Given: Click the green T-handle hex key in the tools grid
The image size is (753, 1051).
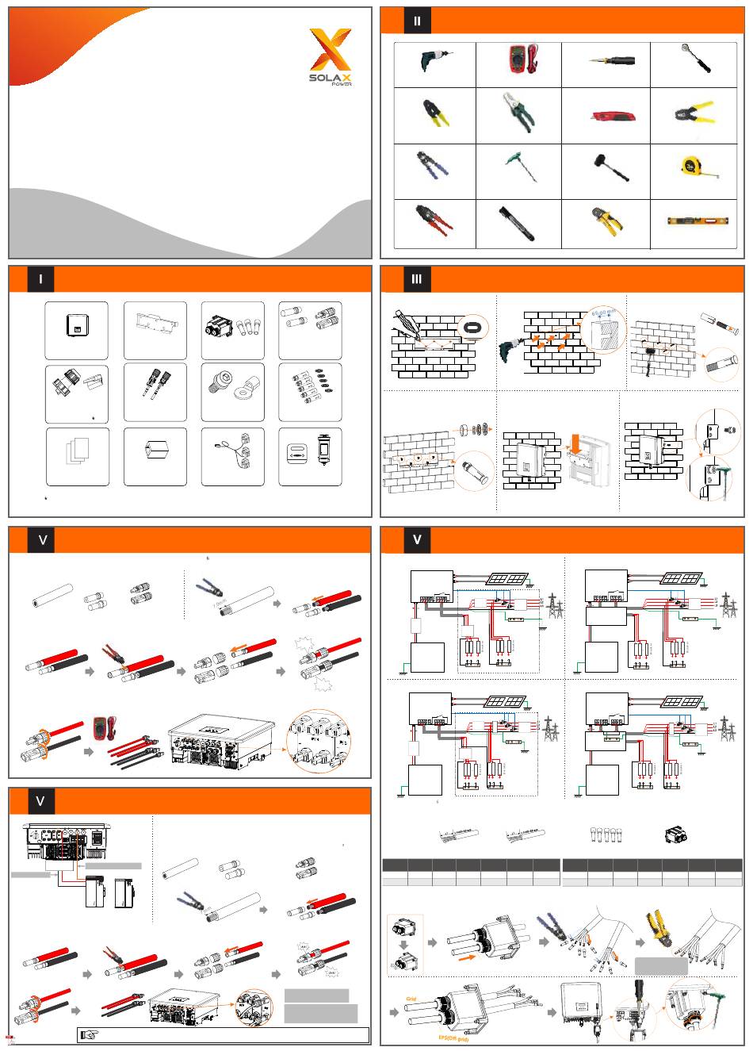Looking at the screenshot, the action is pyautogui.click(x=516, y=168).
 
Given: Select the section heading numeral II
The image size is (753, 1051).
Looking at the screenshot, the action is pyautogui.click(x=417, y=21).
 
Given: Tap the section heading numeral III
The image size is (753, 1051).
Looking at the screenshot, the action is pyautogui.click(x=417, y=280).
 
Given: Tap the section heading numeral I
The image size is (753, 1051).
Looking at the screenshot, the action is pyautogui.click(x=40, y=280).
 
